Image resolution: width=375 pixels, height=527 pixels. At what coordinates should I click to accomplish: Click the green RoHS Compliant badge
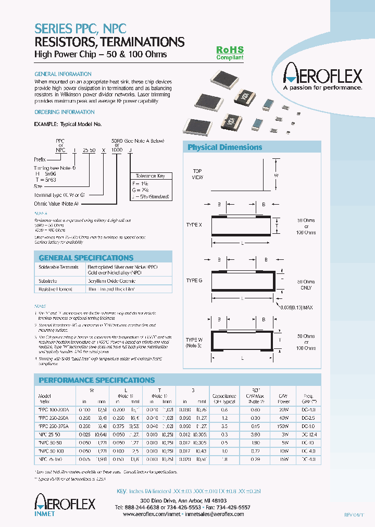(230, 53)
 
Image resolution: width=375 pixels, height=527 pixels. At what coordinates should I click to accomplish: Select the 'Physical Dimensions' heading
(224, 147)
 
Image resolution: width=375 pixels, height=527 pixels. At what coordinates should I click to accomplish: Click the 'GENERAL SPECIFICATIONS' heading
(79, 258)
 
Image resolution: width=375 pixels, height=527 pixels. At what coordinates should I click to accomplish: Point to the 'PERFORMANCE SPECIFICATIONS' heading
(97, 380)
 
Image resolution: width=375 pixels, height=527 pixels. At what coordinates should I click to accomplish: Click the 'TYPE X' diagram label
(194, 224)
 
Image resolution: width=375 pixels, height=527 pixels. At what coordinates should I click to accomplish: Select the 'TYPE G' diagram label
(194, 281)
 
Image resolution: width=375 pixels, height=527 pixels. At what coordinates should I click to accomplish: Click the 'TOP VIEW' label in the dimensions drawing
(197, 174)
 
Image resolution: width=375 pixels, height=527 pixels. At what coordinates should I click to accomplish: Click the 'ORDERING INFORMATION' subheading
(64, 112)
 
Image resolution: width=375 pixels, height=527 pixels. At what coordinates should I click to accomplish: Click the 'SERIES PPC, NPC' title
(80, 29)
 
